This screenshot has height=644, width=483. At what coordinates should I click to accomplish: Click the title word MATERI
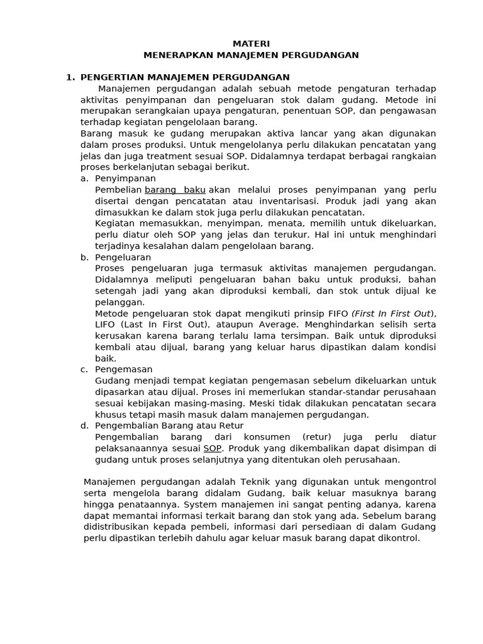[251, 43]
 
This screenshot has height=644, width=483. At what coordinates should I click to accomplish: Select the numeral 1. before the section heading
[70, 77]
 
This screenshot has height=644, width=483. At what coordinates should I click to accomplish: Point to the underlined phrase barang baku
[175, 190]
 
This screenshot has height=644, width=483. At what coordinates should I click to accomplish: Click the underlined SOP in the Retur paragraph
[213, 448]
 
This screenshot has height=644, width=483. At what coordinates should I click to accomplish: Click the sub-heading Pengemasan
[124, 370]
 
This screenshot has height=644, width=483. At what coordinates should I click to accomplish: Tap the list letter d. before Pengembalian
[84, 426]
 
